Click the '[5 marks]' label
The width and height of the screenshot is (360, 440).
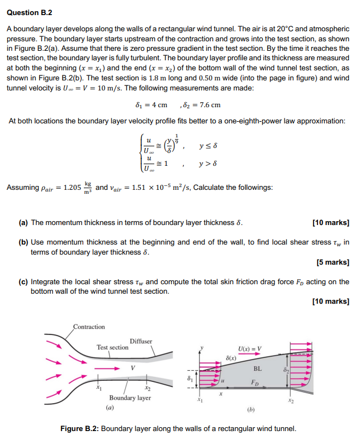(x=333, y=262)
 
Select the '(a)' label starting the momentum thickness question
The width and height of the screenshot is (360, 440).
(x=23, y=222)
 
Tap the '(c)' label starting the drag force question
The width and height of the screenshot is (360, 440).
(x=23, y=282)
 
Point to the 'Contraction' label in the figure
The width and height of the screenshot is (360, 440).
(x=89, y=327)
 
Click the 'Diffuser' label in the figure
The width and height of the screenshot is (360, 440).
(x=141, y=341)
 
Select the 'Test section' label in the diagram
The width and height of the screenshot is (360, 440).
(x=112, y=347)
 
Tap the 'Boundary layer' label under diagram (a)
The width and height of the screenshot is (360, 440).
(x=130, y=398)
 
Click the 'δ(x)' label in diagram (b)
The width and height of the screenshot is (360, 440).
(x=230, y=357)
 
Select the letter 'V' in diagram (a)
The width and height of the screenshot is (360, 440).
(x=132, y=367)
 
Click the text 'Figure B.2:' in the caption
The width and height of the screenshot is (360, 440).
(x=80, y=429)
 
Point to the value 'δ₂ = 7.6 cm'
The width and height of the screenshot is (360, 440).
(x=202, y=104)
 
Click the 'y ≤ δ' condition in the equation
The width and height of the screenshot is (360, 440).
(x=207, y=146)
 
